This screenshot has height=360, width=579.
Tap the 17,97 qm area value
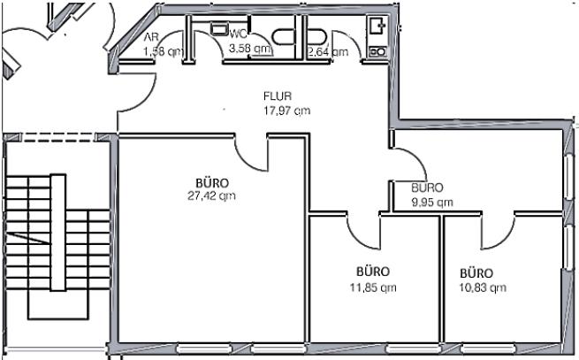286,111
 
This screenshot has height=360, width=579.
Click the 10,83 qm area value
483,287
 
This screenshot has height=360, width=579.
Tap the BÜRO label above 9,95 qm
428,188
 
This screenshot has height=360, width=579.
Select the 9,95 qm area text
432,202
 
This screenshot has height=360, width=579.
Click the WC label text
237,34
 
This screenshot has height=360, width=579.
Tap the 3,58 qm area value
249,48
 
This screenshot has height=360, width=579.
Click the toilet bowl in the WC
285,36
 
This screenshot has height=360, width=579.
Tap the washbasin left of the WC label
218,29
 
